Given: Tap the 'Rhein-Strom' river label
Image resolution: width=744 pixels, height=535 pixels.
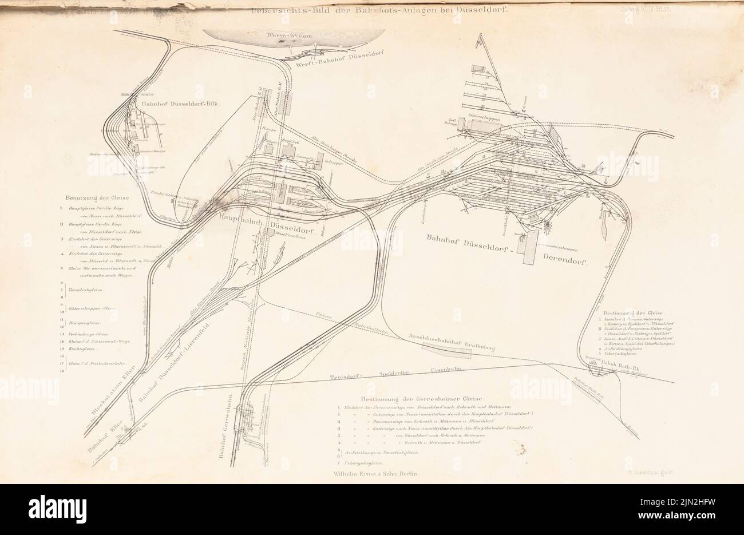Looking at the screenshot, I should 292,36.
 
